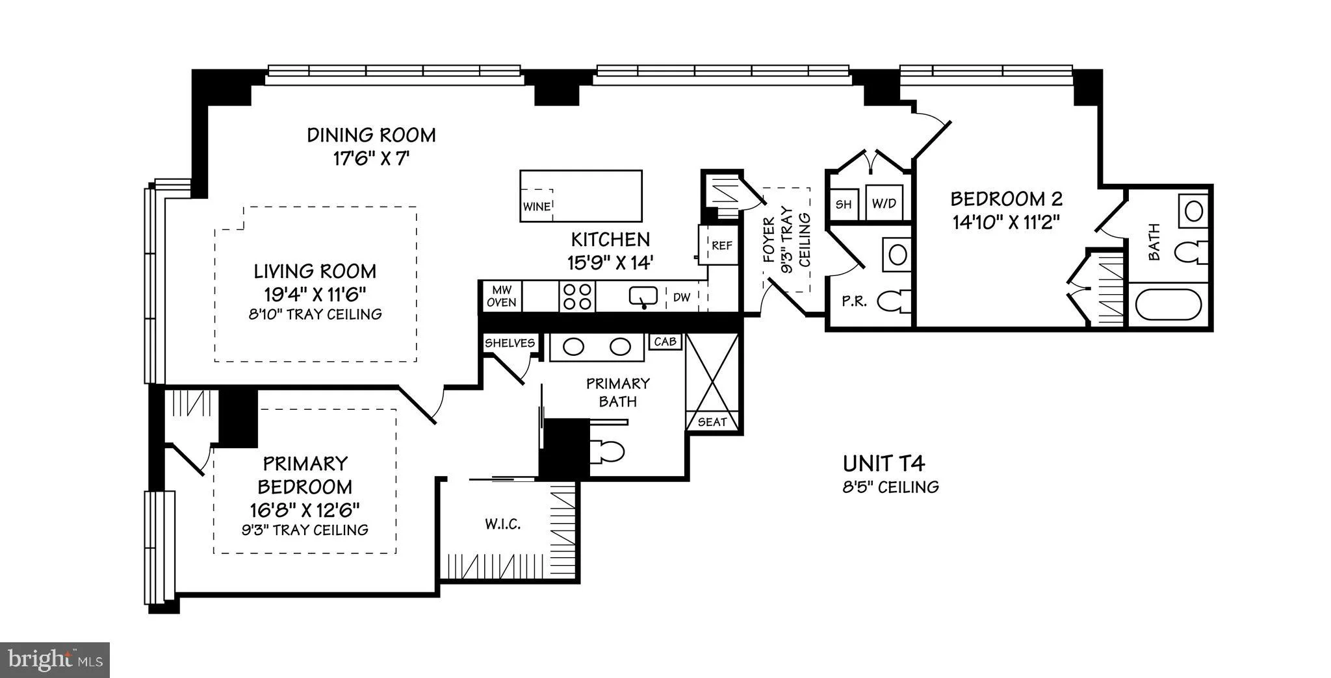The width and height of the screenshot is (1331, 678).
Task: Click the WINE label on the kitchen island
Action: click(537, 207)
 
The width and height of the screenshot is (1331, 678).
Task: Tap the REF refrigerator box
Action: click(721, 245)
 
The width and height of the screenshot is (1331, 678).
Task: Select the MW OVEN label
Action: click(502, 296)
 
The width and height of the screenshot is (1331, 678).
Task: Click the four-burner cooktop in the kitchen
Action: click(577, 296)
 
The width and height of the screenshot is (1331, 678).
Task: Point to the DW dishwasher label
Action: click(681, 297)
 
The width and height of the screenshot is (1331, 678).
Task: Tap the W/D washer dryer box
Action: click(884, 203)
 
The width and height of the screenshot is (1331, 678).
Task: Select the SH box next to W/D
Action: click(844, 204)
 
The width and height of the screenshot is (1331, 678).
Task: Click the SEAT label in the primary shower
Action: click(712, 422)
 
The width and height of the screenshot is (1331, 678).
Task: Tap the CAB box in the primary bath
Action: click(665, 342)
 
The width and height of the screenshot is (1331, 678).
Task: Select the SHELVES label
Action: click(510, 343)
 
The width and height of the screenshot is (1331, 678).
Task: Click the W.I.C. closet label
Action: click(503, 524)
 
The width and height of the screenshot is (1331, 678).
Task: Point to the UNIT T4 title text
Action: click(884, 463)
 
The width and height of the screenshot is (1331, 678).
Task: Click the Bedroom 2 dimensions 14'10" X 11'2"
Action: click(1007, 223)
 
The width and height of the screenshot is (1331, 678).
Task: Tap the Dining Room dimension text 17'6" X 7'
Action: click(371, 158)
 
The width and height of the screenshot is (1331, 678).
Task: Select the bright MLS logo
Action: click(55, 660)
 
